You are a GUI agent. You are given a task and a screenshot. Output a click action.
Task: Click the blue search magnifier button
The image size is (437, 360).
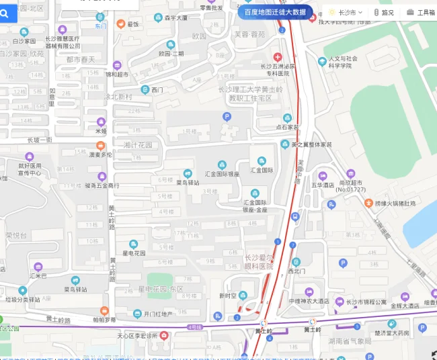pos(5,12)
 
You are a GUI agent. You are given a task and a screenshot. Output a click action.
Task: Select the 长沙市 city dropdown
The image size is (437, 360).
pos(346,12)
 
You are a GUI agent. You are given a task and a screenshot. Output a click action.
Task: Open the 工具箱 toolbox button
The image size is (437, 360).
pos(420,12)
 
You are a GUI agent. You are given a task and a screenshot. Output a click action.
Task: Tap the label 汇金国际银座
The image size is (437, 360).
pos(222,173)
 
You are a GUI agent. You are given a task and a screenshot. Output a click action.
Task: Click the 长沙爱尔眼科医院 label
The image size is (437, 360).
pos(260,261)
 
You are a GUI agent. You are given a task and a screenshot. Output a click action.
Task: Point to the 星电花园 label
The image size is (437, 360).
pos(134,253)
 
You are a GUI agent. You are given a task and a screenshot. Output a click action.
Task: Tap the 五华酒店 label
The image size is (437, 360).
pos(323,185)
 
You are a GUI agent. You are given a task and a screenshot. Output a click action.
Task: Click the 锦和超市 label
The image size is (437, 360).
pos(116,75)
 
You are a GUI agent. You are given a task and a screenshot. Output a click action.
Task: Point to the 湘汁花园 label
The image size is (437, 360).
pos(138,145)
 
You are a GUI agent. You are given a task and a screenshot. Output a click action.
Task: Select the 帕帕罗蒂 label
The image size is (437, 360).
pos(104,320)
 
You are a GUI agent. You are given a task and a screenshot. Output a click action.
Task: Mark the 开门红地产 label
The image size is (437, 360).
pos(157,314)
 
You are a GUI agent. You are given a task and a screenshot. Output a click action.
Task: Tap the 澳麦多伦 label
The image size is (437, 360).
pos(101,154)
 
